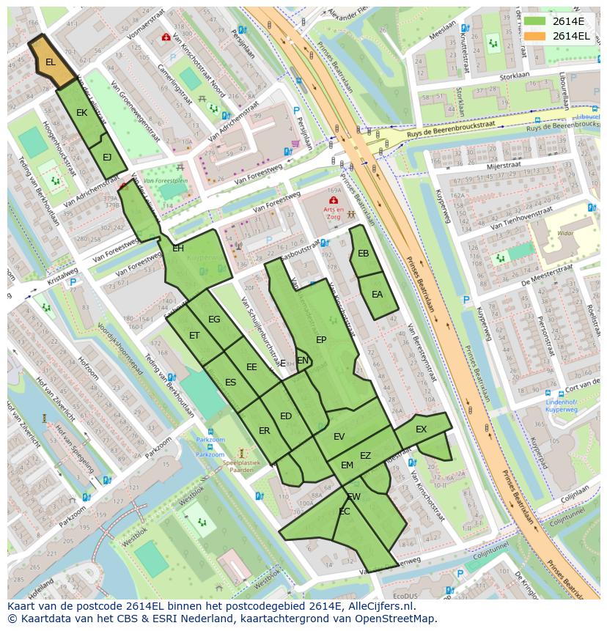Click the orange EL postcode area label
click(50, 62)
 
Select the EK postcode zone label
click(81, 113)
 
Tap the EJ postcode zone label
click(107, 157)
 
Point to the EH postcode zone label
click(178, 248)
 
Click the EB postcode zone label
click(363, 254)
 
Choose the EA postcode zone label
click(377, 295)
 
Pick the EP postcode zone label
click(321, 339)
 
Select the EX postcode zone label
click(421, 429)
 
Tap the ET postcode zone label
click(194, 336)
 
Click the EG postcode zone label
click(214, 320)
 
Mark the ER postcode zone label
click(264, 431)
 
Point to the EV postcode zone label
click(339, 436)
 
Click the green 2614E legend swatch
click(534, 21)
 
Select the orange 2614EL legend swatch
click(534, 36)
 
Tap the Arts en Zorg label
click(334, 213)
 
